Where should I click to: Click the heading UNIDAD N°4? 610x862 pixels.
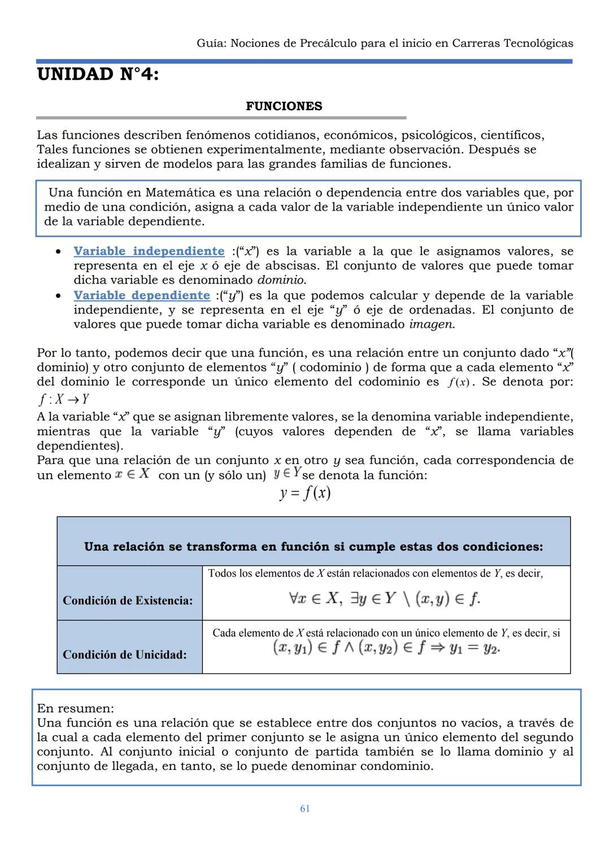pos(98,75)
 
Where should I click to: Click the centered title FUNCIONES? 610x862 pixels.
pos(284,106)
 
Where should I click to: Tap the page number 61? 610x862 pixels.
pos(304,808)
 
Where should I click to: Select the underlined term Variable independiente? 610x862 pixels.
pos(149,251)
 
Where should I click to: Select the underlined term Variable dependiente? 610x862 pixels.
pos(141,295)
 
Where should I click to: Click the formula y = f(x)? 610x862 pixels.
pos(304,493)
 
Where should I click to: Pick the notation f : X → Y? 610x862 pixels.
pos(63,400)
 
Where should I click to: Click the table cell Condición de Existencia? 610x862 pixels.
pos(128,600)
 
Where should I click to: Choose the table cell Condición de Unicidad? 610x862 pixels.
pos(124,654)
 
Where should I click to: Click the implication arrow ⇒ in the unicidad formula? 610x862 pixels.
pos(435,647)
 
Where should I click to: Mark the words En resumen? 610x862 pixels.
pos(75,708)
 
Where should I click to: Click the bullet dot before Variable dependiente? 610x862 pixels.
pos(58,296)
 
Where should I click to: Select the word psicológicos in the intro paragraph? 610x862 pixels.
pos(437,135)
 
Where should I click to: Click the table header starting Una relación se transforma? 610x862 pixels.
pos(313,546)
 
